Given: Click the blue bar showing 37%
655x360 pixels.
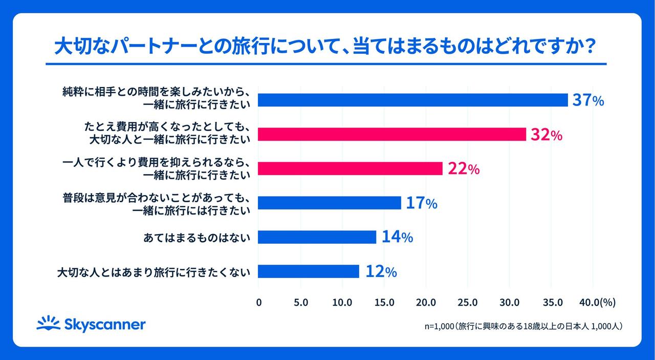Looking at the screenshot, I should pyautogui.click(x=412, y=100).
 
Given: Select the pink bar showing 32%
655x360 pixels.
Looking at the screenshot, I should pyautogui.click(x=391, y=134).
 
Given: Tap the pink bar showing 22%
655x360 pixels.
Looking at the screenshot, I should pyautogui.click(x=350, y=168).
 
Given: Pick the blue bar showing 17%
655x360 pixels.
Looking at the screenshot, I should pyautogui.click(x=329, y=203).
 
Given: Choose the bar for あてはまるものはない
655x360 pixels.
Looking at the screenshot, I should pyautogui.click(x=317, y=237).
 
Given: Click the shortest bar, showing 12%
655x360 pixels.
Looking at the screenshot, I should pyautogui.click(x=308, y=271).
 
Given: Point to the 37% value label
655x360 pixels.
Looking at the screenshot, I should pyautogui.click(x=588, y=100).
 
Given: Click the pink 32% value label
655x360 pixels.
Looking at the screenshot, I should pyautogui.click(x=547, y=135).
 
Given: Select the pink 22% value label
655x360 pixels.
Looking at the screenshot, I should pyautogui.click(x=463, y=169).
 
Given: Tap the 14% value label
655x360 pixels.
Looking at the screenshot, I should pyautogui.click(x=397, y=238).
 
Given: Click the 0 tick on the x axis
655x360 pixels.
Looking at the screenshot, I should pyautogui.click(x=258, y=303).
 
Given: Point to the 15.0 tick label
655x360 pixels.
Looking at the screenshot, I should pyautogui.click(x=384, y=303).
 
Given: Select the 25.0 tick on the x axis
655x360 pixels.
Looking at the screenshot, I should pyautogui.click(x=468, y=303).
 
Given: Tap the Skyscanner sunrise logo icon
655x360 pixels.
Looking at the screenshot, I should pyautogui.click(x=49, y=323).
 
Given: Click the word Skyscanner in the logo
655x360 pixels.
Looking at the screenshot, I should pyautogui.click(x=105, y=325).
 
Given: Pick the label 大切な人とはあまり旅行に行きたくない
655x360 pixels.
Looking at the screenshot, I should pyautogui.click(x=154, y=271).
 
